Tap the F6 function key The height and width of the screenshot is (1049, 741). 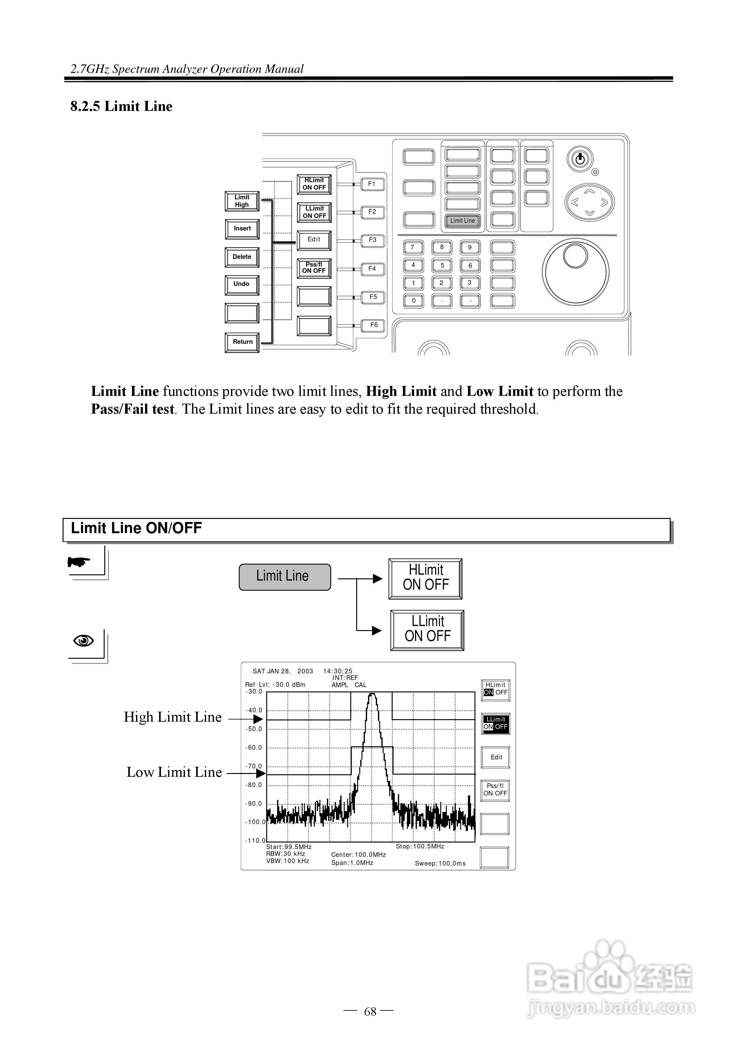(x=373, y=325)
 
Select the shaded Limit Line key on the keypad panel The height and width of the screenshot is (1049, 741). (x=462, y=221)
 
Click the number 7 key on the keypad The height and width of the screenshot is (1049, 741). (x=413, y=248)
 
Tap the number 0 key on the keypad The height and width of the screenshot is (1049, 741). (x=413, y=301)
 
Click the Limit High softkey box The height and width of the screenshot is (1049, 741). (x=242, y=201)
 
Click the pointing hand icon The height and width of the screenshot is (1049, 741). (x=79, y=562)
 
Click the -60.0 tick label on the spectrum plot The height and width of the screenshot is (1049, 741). (x=254, y=748)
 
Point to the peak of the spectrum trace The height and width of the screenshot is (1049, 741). (x=372, y=694)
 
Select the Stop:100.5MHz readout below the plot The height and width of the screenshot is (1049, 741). (x=419, y=846)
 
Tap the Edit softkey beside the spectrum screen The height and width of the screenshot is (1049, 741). (x=496, y=757)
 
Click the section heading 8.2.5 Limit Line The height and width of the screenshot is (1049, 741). (x=121, y=107)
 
